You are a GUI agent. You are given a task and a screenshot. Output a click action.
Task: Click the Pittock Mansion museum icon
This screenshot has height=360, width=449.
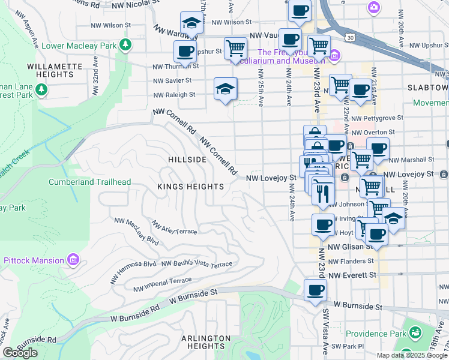[73, 260]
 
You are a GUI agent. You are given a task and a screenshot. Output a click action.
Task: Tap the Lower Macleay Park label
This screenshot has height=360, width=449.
[77, 44]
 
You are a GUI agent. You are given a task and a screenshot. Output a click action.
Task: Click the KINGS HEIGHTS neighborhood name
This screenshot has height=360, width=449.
[190, 187]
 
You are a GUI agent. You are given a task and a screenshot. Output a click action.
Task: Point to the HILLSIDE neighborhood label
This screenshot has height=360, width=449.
[188, 160]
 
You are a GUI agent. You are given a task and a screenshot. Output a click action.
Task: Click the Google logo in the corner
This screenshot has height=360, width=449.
[20, 353]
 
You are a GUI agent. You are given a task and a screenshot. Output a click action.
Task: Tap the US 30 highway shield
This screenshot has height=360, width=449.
[349, 37]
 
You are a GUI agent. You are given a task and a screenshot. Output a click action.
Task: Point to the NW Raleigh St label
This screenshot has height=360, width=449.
[174, 95]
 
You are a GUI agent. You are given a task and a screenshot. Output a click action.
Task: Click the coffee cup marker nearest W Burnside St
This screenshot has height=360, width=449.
[315, 290]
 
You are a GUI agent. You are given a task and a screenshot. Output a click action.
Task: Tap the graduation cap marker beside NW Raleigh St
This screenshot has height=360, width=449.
[226, 89]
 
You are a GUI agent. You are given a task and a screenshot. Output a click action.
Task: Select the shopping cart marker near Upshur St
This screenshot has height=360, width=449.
[235, 48]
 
